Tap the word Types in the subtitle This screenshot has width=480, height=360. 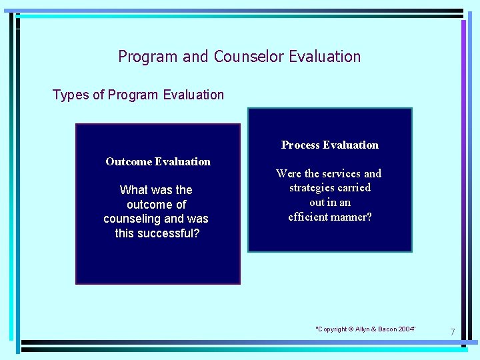click(x=70, y=95)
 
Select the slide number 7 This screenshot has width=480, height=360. click(x=452, y=332)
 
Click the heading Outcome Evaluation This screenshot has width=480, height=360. click(x=158, y=161)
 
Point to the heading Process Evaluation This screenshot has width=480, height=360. click(x=329, y=145)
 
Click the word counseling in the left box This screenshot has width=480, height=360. click(x=132, y=219)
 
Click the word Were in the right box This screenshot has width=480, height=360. click(x=289, y=173)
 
